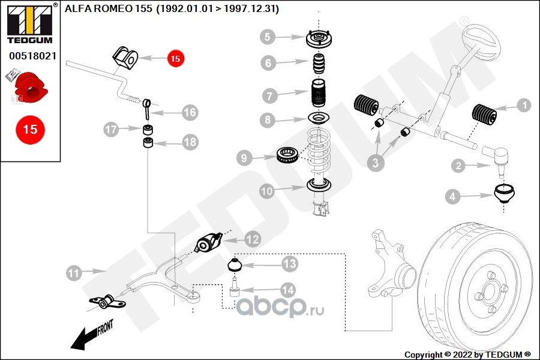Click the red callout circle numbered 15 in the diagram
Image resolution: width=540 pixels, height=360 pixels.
point(175,58)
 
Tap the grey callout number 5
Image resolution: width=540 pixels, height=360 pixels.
point(268,37)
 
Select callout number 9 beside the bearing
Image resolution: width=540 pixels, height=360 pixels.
point(244,158)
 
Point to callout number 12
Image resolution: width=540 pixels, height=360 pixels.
point(253,239)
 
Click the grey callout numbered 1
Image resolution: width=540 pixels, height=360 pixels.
point(523,106)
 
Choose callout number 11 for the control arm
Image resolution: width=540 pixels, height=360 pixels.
point(73,273)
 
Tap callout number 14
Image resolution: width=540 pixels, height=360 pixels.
point(288,290)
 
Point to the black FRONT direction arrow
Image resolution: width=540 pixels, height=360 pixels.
point(90,335)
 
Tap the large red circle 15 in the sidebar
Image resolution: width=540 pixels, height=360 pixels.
point(29,129)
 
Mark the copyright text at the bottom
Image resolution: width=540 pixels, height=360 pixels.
point(467,354)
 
